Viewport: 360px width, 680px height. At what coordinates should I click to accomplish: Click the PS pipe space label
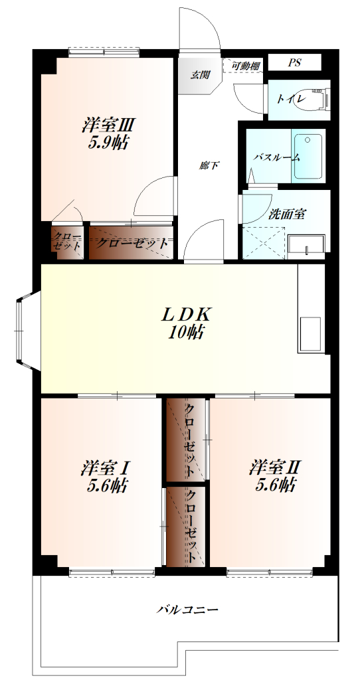[294, 62]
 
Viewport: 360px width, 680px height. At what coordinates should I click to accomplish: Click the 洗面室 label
[288, 214]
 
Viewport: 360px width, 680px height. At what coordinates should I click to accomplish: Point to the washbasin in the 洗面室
[306, 247]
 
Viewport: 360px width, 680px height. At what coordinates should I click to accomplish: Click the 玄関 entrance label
[200, 74]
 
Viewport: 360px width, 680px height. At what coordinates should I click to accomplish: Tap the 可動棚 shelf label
[246, 66]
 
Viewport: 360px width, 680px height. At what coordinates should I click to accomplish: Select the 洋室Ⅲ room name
[108, 126]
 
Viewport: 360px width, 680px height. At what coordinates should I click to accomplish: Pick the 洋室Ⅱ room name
[276, 468]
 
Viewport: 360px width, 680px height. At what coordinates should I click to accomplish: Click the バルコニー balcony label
[187, 610]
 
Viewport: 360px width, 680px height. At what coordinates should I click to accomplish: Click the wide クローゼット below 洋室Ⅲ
[132, 242]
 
